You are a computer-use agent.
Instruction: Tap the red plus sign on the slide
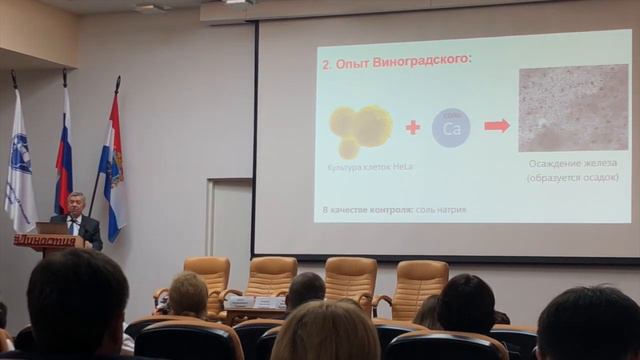[x=412, y=127]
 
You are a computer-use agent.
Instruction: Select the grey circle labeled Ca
[x=451, y=128]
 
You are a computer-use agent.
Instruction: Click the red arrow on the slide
[x=497, y=125]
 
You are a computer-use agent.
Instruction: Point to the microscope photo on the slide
[x=573, y=107]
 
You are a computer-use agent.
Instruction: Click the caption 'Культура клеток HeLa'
[x=362, y=167]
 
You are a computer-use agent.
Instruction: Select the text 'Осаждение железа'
[x=573, y=163]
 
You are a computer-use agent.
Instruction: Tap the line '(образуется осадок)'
[x=573, y=178]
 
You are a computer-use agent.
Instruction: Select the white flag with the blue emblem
[x=19, y=160]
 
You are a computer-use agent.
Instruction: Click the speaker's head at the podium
[x=75, y=203]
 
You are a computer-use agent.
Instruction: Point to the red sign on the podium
[x=46, y=241]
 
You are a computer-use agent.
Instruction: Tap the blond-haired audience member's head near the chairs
[x=187, y=293]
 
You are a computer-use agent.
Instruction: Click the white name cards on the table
[x=254, y=302]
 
